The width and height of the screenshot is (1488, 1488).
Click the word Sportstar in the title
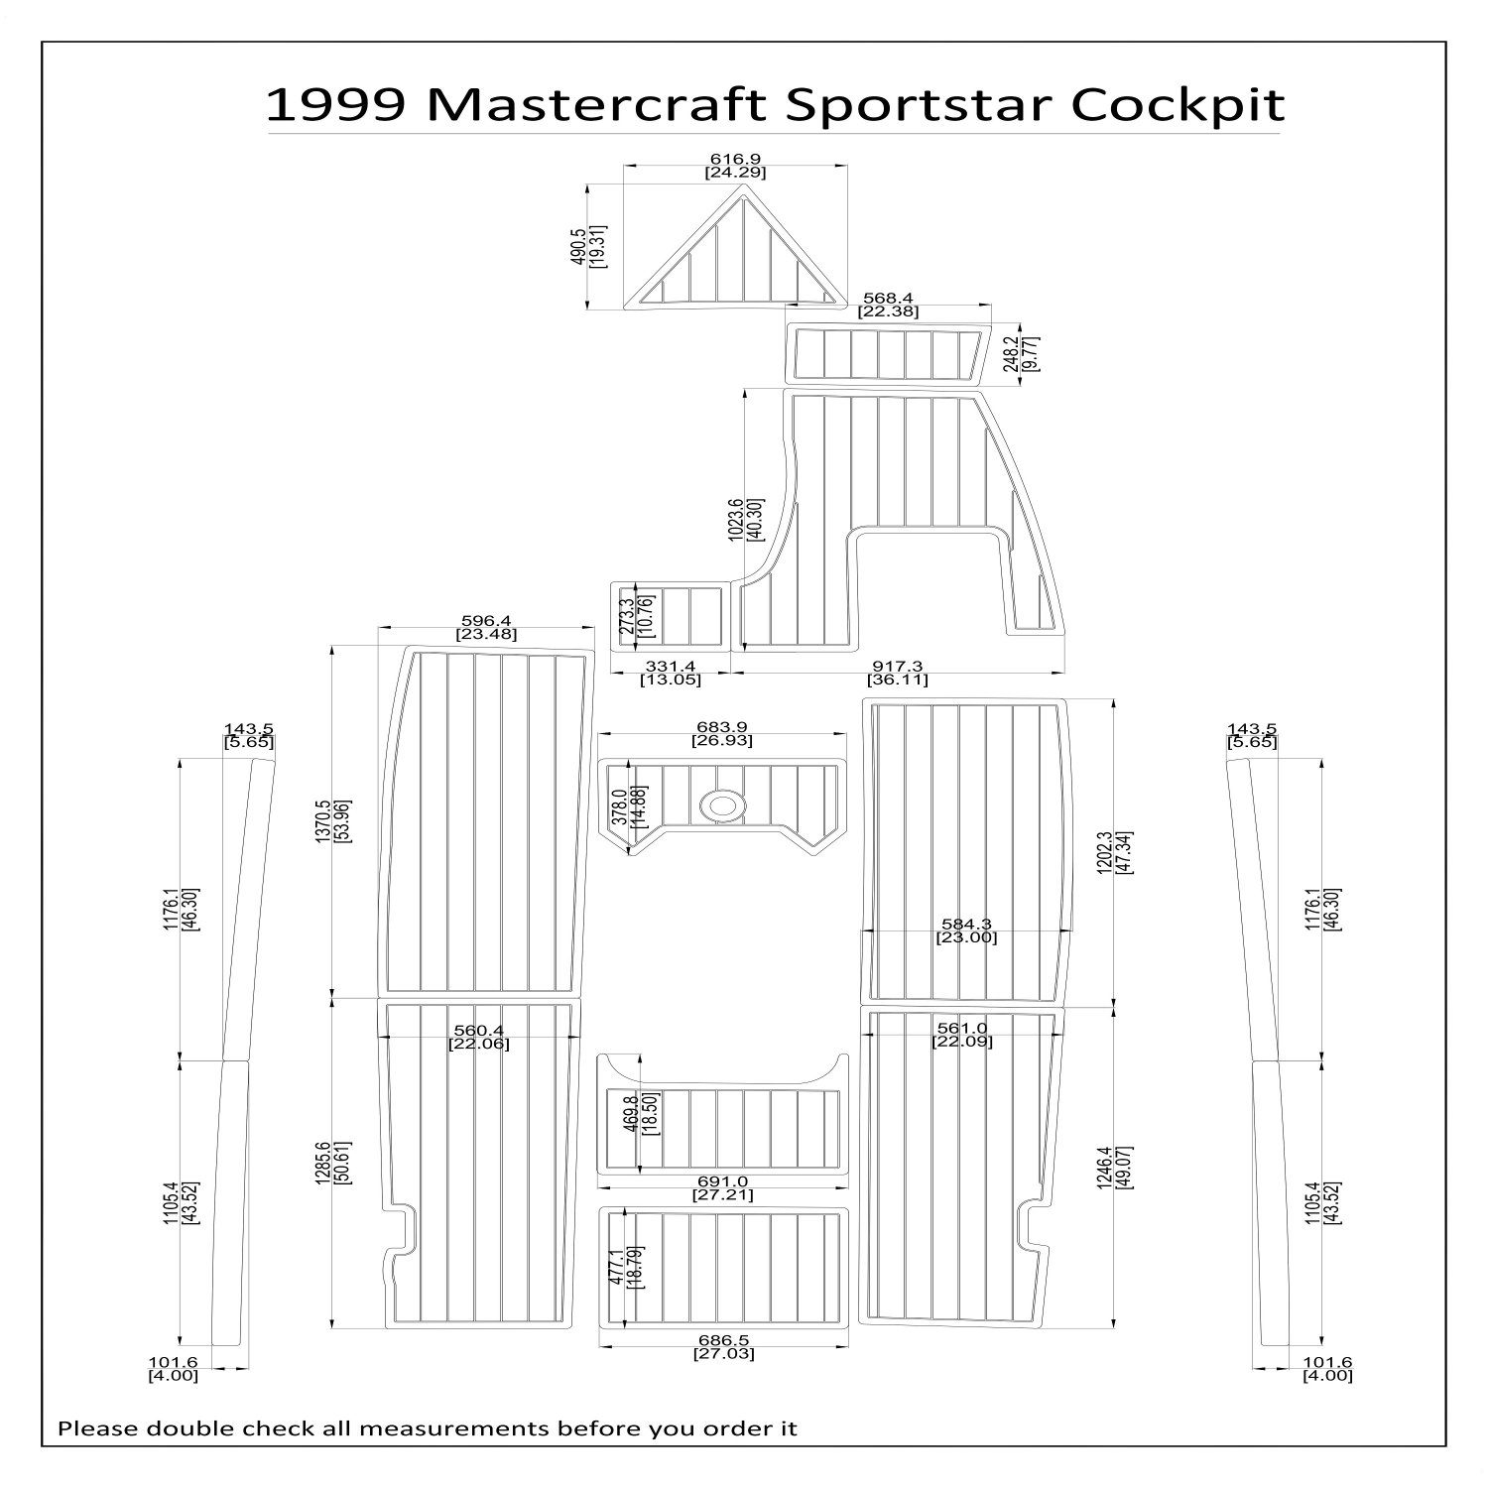pyautogui.click(x=914, y=105)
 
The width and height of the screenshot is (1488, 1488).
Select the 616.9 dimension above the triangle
pyautogui.click(x=735, y=158)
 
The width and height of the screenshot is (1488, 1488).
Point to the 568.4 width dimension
pyautogui.click(x=888, y=297)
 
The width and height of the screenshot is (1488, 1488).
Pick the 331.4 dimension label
pyautogui.click(x=670, y=666)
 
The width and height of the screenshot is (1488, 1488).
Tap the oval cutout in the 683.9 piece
pyautogui.click(x=721, y=806)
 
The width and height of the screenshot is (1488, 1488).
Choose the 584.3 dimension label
pyautogui.click(x=967, y=924)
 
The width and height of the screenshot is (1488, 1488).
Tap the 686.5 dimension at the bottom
pyautogui.click(x=723, y=1339)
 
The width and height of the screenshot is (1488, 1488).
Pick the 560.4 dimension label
pyautogui.click(x=478, y=1030)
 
